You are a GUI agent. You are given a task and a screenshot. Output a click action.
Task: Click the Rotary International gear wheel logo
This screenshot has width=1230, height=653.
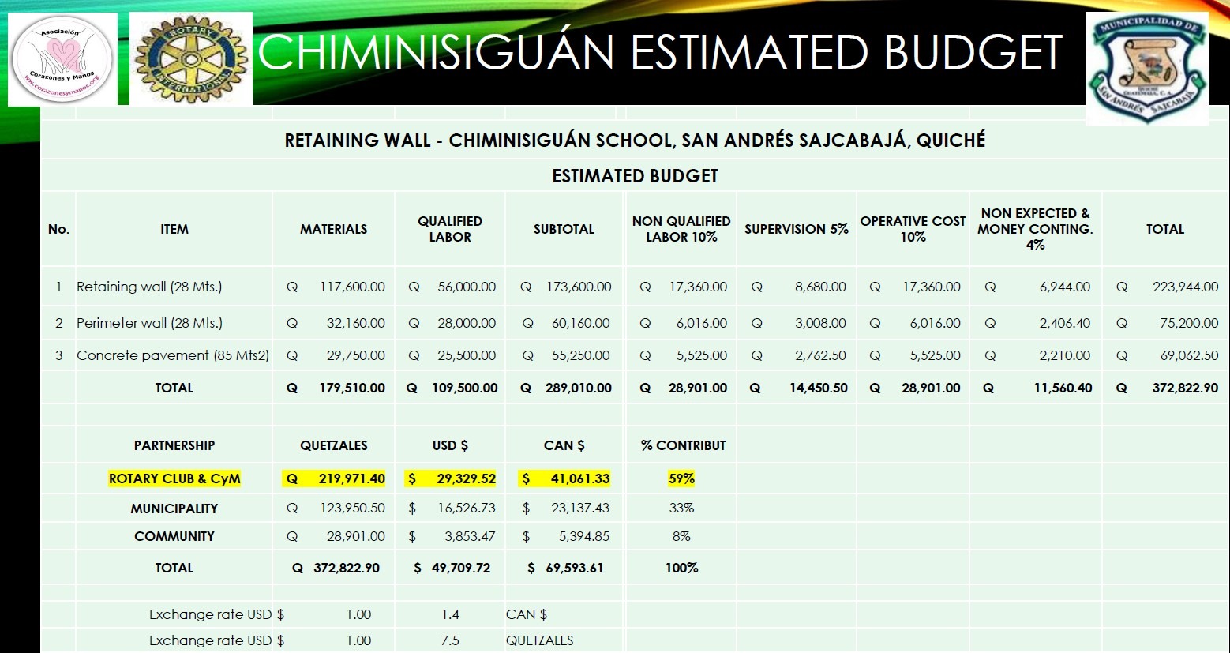[190, 59]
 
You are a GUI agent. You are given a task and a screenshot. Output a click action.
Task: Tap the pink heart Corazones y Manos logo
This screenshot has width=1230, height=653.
[62, 59]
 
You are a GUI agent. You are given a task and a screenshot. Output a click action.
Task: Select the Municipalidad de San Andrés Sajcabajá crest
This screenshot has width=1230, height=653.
[1147, 69]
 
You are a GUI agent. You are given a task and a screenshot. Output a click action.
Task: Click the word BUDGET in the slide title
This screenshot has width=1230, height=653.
[973, 52]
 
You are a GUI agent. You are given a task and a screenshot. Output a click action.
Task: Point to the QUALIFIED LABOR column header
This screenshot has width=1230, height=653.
[450, 229]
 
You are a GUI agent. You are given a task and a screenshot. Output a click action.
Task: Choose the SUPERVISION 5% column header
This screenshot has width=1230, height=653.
[796, 229]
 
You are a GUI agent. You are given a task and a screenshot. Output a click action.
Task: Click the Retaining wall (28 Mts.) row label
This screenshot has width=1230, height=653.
[149, 287]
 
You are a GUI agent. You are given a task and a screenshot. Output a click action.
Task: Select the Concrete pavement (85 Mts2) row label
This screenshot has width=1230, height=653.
[173, 355]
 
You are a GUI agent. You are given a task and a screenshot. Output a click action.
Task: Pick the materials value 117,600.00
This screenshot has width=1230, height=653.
[352, 287]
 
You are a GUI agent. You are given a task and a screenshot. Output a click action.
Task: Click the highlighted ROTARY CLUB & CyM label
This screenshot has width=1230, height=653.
[174, 478]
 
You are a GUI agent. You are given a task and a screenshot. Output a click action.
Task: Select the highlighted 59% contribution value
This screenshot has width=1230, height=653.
[681, 478]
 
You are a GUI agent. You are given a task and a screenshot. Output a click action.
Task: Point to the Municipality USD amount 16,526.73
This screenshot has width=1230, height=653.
[467, 508]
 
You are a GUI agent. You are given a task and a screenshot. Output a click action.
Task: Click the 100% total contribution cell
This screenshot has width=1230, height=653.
[681, 568]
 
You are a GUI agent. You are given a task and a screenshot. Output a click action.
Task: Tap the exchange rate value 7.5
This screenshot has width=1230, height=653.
[450, 640]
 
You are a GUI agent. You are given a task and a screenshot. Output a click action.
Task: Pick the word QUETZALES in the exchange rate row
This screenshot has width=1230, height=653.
[540, 640]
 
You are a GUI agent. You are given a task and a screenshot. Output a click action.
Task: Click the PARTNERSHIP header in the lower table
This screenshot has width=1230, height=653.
[174, 445]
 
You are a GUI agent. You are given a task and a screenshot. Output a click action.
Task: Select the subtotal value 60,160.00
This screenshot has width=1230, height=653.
[580, 323]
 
